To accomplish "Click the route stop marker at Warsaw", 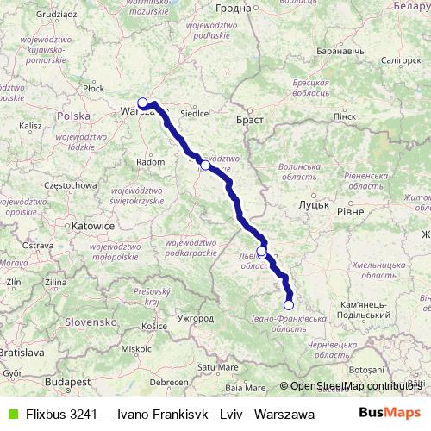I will point(143,103).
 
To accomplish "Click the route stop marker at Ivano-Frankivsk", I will point(289,304).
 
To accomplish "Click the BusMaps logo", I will point(384,412).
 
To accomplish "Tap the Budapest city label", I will point(69,380).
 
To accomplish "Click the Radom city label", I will point(151,161).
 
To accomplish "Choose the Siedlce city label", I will point(194,112).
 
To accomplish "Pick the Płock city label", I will point(93,88).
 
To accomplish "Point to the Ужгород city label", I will point(194,318).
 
